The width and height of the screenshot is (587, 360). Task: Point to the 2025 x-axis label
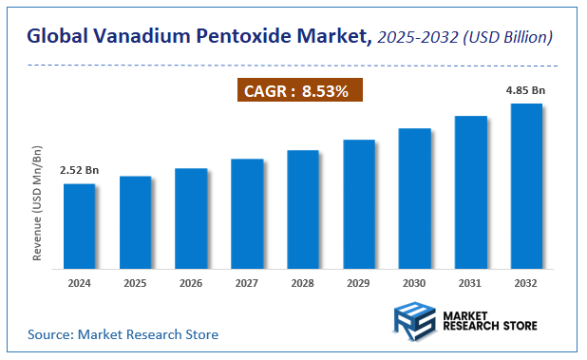tap(135, 282)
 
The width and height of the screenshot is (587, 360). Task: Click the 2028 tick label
tap(303, 282)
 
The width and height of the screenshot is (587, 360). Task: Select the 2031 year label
tap(471, 282)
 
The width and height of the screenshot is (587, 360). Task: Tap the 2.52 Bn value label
tap(79, 170)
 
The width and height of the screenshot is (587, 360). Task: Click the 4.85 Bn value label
tap(525, 90)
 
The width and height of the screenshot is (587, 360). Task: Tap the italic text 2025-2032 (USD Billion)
tap(465, 37)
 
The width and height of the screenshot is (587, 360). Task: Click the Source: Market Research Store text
tap(123, 334)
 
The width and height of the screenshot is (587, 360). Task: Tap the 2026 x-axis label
tap(191, 282)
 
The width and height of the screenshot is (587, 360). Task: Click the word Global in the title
tap(58, 37)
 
